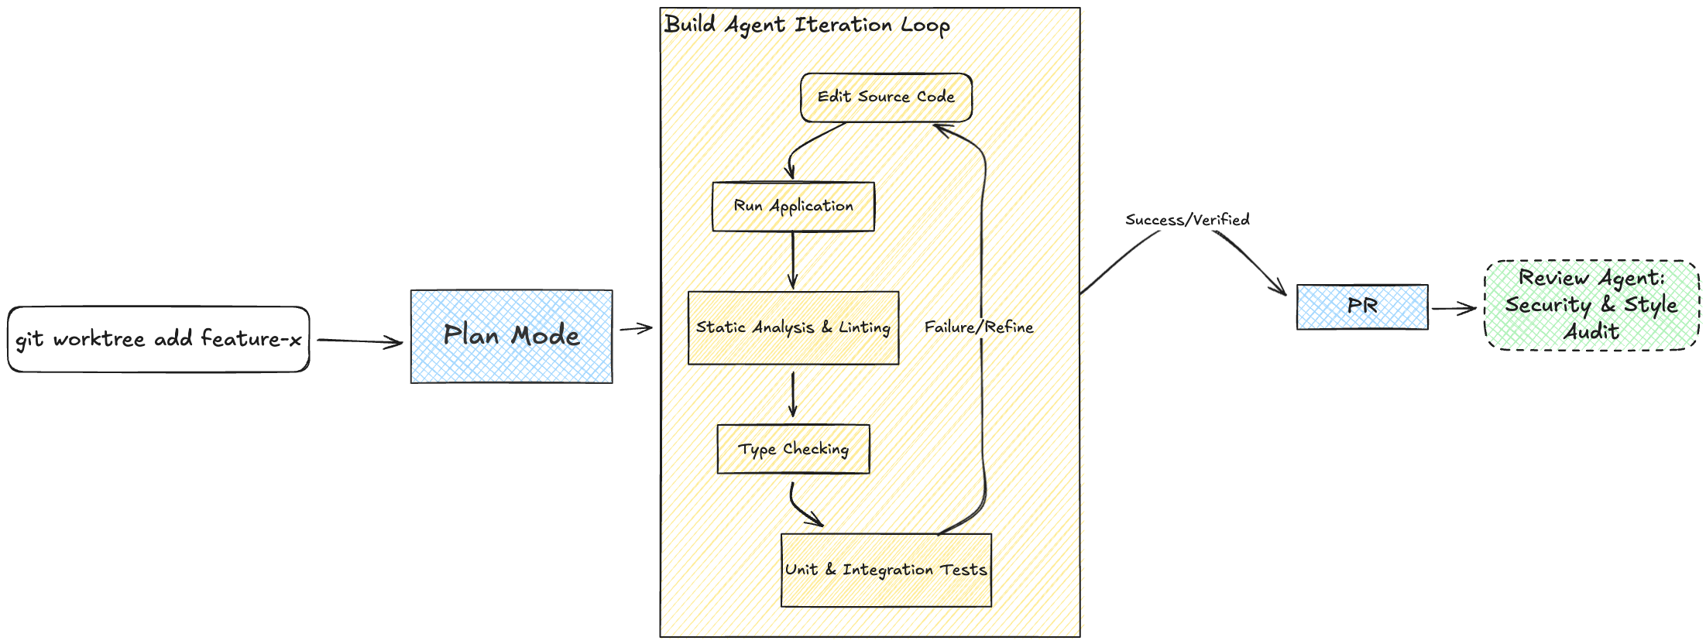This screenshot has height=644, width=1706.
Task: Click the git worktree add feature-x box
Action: point(159,339)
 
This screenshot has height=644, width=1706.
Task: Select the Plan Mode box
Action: point(511,336)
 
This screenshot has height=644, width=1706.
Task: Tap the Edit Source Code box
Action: point(886,98)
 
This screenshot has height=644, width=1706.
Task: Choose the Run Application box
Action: point(793,207)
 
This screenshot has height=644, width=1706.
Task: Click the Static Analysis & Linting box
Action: point(793,327)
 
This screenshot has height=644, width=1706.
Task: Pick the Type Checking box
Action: point(793,449)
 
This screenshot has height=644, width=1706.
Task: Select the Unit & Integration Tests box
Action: point(886,570)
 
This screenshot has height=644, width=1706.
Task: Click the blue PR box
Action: point(1362,307)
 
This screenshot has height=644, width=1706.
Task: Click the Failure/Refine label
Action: point(979,327)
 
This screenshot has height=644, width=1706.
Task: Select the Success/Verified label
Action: point(1187,220)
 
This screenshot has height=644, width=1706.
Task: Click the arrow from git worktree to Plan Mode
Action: point(359,341)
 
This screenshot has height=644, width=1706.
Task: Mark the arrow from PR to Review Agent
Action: point(1454,309)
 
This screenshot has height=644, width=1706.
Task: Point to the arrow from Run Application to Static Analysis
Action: point(793,260)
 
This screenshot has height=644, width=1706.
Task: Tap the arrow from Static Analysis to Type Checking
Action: point(793,395)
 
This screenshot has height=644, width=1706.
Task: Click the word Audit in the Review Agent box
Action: point(1591,332)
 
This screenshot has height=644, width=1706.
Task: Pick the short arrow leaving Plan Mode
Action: point(636,329)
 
